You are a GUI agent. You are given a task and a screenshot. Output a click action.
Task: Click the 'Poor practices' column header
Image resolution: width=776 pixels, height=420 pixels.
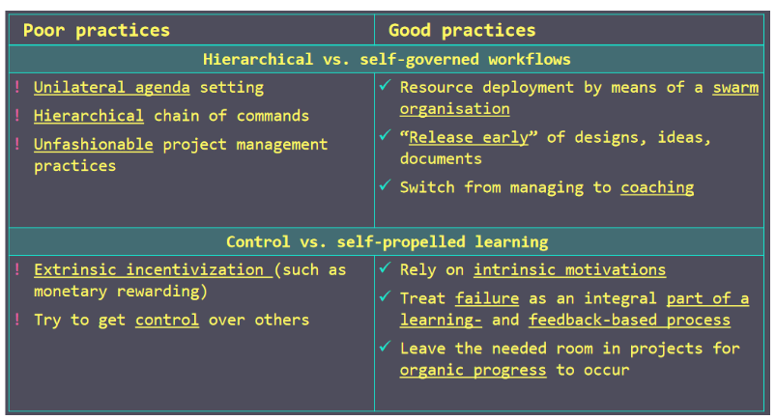[97, 31]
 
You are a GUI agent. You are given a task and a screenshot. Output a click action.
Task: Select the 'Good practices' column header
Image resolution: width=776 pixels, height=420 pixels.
[462, 31]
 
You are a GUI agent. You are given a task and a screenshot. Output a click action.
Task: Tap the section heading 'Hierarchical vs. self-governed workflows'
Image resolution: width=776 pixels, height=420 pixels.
[387, 59]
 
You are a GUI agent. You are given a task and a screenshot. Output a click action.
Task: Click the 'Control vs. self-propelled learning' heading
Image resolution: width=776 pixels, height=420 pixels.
[387, 242]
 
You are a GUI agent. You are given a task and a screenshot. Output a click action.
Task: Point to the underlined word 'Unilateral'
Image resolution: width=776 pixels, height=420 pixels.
[79, 88]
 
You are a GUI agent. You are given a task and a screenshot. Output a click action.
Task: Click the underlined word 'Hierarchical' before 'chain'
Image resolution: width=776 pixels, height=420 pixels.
[89, 116]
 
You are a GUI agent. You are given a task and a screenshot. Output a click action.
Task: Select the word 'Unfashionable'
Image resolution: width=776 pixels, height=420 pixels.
[93, 145]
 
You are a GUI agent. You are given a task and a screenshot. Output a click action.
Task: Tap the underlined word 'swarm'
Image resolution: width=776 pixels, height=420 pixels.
[735, 88]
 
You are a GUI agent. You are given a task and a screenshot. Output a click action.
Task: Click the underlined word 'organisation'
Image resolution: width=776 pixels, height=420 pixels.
[455, 109]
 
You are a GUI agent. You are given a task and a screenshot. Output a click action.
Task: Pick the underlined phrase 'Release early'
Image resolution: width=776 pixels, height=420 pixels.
[469, 137]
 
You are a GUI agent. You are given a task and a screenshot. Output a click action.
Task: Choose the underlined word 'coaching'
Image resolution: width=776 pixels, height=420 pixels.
[657, 188]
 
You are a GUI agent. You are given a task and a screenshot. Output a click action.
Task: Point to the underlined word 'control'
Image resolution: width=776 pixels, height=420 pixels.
[167, 321]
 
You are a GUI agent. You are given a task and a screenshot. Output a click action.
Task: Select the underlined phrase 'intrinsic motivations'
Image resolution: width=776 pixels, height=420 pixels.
[569, 270]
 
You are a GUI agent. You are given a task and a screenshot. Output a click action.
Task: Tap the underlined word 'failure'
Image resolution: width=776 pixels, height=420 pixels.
[487, 298]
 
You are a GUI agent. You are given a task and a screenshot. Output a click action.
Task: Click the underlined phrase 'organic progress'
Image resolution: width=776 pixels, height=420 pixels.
[474, 371]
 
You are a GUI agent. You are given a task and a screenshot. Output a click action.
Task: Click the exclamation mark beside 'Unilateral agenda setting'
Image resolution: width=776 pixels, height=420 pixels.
[17, 87]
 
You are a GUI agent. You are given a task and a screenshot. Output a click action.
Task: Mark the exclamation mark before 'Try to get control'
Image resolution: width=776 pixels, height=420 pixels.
[17, 320]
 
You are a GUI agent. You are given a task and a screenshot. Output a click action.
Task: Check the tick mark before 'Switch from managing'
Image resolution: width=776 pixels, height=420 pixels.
[386, 185]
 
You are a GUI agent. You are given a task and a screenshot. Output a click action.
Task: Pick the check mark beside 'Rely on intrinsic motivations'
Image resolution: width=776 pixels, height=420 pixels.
[386, 267]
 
